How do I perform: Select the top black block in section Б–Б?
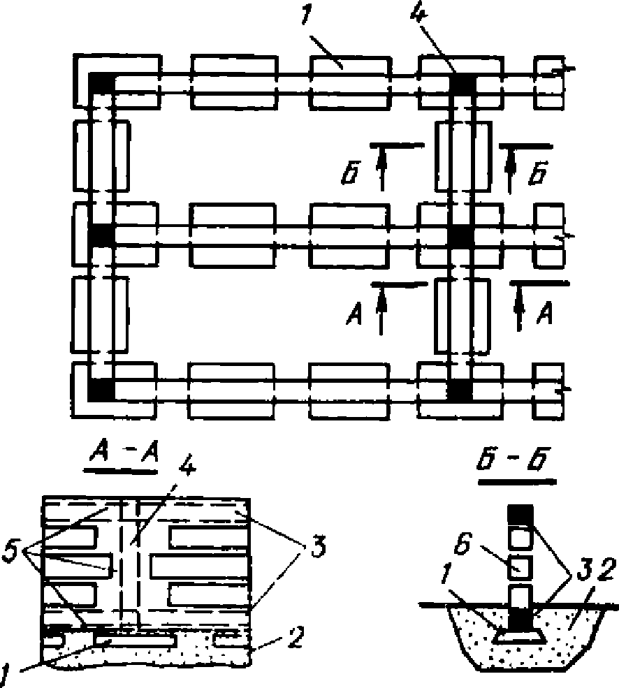(x=520, y=515)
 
